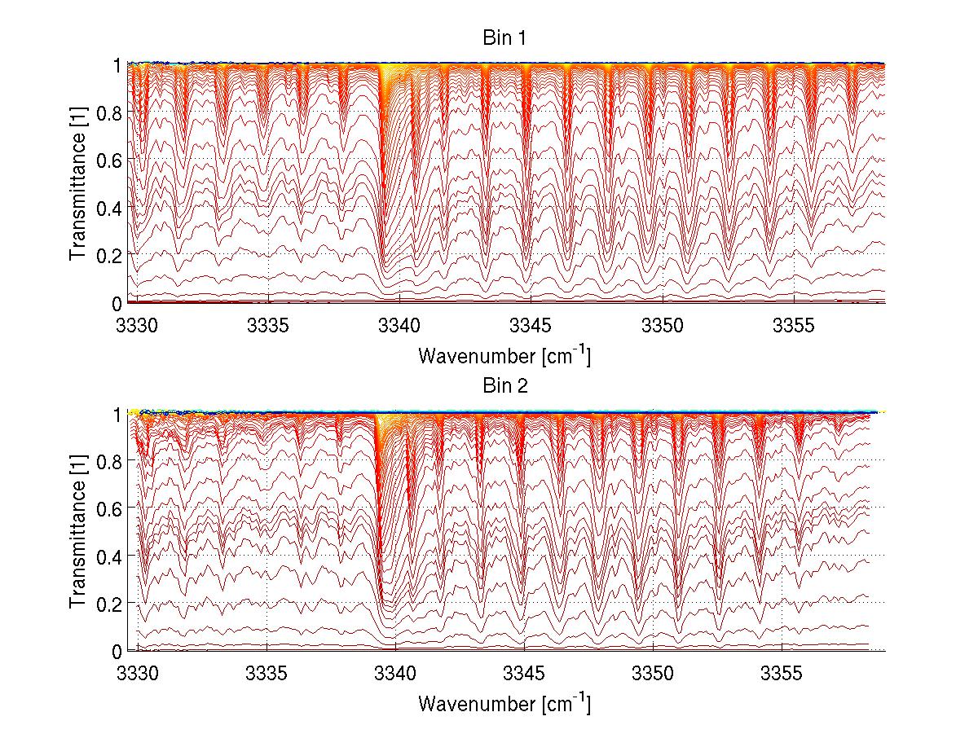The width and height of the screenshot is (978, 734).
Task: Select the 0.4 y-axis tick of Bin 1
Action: coord(110,208)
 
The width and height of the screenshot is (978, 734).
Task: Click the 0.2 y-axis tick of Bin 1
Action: coord(110,255)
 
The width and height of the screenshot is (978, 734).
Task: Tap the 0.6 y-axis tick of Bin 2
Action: coord(110,508)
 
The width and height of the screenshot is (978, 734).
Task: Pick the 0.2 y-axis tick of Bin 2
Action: coord(110,603)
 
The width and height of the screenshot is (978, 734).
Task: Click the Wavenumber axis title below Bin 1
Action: coord(504,355)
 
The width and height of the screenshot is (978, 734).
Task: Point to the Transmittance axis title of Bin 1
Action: coord(78,182)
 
